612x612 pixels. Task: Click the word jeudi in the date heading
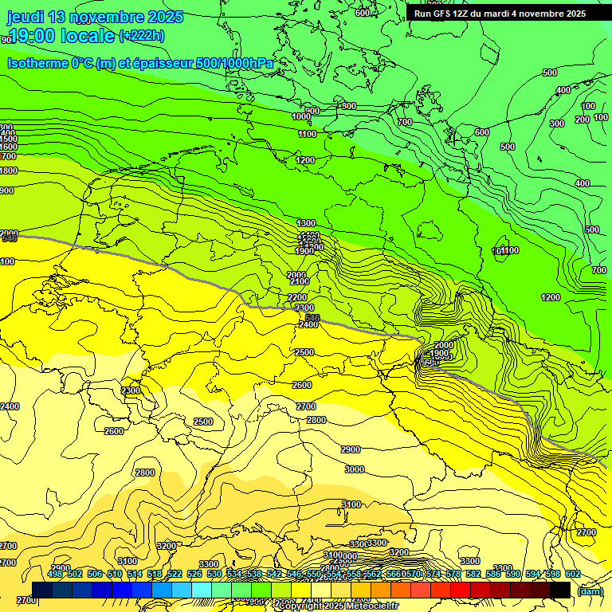coord(26,17)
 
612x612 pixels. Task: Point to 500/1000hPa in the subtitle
coord(235,63)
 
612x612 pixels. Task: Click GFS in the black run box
coord(443,14)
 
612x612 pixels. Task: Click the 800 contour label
coord(348,106)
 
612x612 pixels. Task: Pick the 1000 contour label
coord(301,117)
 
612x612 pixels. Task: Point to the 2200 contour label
coord(297,297)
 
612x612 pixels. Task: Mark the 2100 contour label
coord(300,281)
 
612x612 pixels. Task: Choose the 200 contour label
coord(583,120)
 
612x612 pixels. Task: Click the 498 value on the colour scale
coord(55,574)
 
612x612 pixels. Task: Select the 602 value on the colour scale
coord(573,574)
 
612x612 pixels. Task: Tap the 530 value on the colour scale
coord(214,574)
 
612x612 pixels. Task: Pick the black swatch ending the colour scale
coord(560,590)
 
